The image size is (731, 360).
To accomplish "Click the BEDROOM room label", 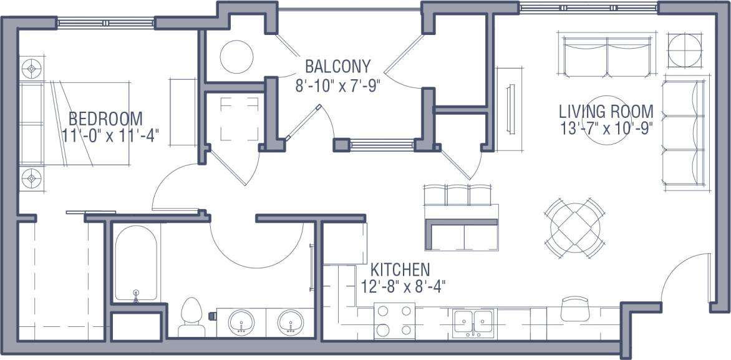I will (105, 118).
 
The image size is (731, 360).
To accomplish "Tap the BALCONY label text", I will (337, 66).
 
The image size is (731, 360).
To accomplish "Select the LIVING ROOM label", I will (606, 112).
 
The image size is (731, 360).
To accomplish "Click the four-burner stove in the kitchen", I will (394, 321).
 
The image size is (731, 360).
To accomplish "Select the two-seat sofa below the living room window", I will (607, 54).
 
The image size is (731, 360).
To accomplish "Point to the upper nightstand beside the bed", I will (31, 66).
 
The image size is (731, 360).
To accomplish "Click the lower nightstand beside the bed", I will (31, 179).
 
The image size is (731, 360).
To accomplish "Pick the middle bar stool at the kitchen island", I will (457, 194).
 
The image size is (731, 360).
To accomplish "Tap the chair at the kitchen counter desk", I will (574, 307).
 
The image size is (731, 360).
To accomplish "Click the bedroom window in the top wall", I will (106, 22).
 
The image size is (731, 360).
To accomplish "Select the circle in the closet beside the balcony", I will (236, 56).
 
